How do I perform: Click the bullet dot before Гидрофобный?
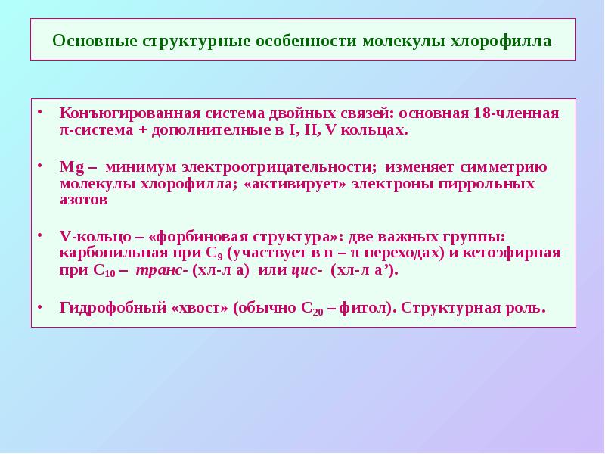pyautogui.click(x=42, y=307)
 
